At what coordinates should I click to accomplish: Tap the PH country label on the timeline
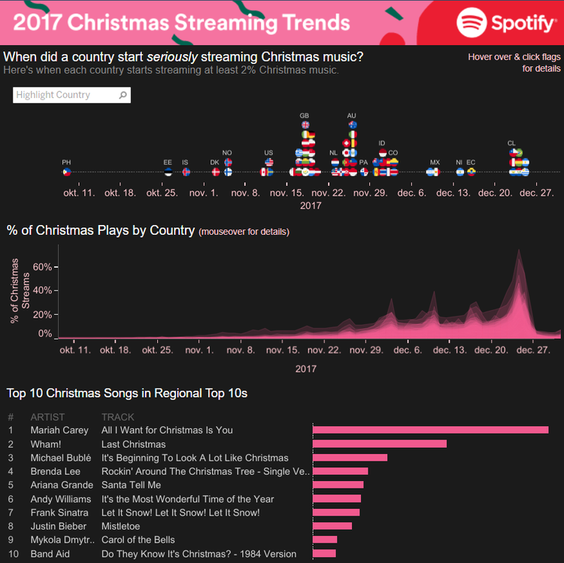point(67,163)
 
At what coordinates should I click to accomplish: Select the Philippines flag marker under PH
point(67,172)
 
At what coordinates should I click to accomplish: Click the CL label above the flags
point(511,143)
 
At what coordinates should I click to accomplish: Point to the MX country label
point(435,163)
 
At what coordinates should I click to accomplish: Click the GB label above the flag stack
point(305,116)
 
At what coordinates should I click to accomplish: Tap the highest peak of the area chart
point(518,251)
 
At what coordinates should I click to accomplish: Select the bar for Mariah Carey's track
point(430,430)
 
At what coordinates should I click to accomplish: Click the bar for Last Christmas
point(380,444)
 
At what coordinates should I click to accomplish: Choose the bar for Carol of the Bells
point(325,540)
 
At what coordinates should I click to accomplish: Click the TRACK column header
point(118,417)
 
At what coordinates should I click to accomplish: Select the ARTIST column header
point(47,417)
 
